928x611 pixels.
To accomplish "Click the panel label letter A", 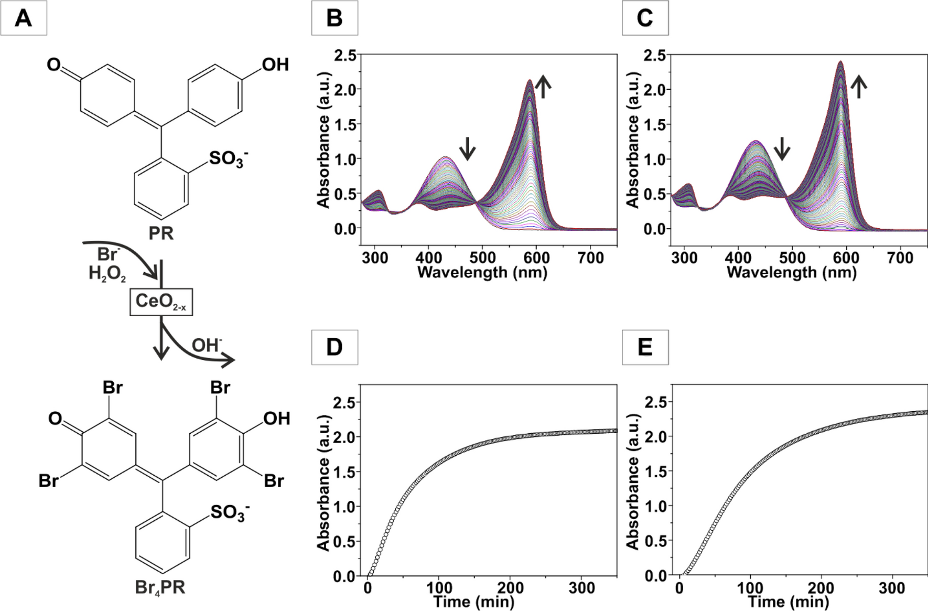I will pyautogui.click(x=24, y=19).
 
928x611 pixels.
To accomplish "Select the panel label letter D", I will pyautogui.click(x=334, y=347).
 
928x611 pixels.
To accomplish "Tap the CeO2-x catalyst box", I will pyautogui.click(x=161, y=302).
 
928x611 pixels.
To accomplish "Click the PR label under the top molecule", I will pyautogui.click(x=161, y=233).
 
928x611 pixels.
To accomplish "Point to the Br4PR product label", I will pyautogui.click(x=160, y=587).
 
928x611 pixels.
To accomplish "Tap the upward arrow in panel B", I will pyautogui.click(x=544, y=86).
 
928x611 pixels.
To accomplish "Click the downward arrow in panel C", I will pyautogui.click(x=782, y=148).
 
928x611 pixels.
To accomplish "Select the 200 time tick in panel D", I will pyautogui.click(x=511, y=588).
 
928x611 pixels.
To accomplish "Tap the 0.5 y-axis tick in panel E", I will pyautogui.click(x=656, y=541).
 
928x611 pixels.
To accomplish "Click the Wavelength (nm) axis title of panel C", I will pyautogui.click(x=792, y=272).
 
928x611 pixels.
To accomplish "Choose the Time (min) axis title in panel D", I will pyautogui.click(x=473, y=602).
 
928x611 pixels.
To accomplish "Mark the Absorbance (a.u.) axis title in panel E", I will pyautogui.click(x=633, y=481).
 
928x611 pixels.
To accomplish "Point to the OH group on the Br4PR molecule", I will pyautogui.click(x=276, y=419).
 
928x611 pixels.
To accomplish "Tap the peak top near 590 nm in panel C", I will pyautogui.click(x=840, y=62).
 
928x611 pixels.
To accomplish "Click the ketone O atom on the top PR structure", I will pyautogui.click(x=53, y=65).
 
